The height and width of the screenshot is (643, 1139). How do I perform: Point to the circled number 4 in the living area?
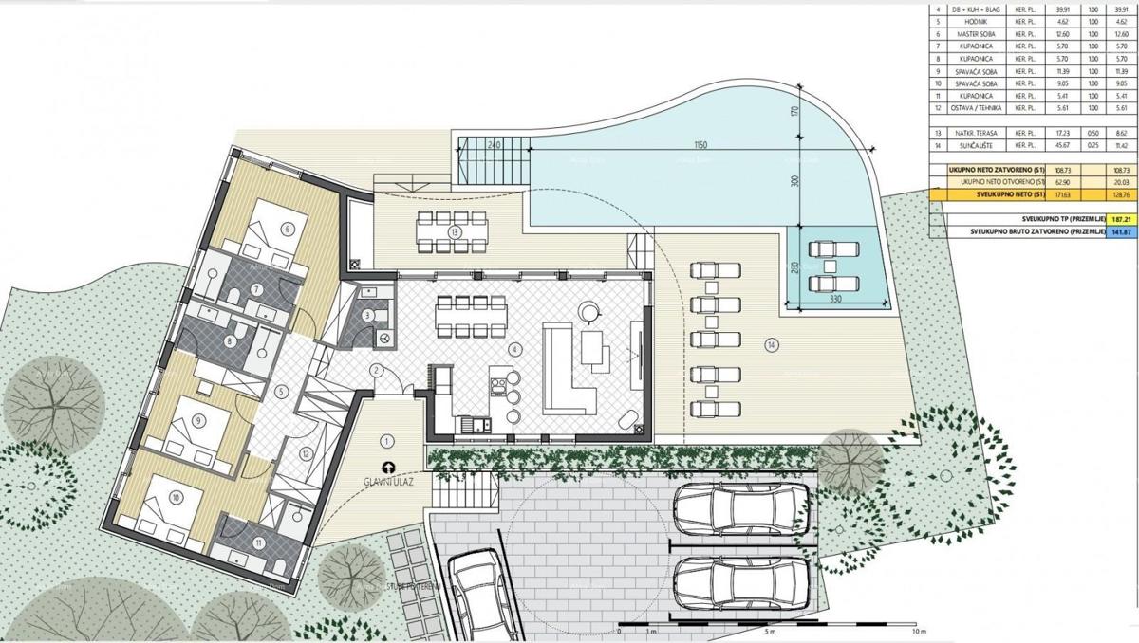click(x=513, y=349)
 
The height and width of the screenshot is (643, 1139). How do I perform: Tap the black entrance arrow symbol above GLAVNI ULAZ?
click(x=387, y=467)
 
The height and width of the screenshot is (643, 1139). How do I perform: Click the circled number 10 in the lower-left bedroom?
click(x=177, y=496)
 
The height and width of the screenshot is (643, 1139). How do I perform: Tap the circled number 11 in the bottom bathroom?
click(x=259, y=542)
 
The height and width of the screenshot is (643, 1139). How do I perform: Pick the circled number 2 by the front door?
click(x=377, y=370)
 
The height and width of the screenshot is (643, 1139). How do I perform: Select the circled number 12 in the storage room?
click(x=305, y=454)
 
